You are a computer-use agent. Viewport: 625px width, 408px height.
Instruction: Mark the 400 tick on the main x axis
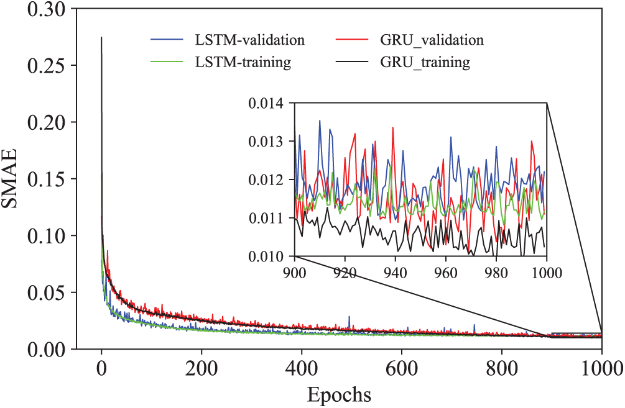click(302, 366)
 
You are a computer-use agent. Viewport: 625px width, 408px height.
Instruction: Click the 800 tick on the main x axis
click(502, 366)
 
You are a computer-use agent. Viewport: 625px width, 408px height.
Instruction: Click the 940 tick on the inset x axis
click(396, 271)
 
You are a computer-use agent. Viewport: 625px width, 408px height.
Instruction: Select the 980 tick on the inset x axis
click(496, 271)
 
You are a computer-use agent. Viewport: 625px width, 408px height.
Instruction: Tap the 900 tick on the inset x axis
click(295, 271)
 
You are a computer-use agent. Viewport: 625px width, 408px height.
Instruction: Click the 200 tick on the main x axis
click(201, 366)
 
